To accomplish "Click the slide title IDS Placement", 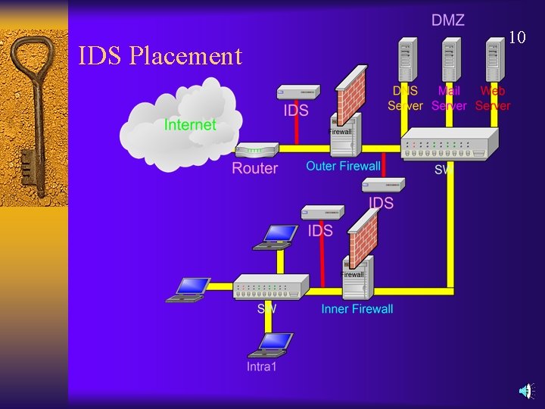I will click(x=160, y=55).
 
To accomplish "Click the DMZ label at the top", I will click(x=448, y=20).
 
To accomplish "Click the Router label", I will click(x=254, y=168).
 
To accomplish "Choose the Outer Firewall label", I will click(x=343, y=166).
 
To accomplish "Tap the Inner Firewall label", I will click(x=357, y=308).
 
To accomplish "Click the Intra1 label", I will click(x=262, y=367).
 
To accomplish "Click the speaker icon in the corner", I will click(x=527, y=391).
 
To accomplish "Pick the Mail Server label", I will click(x=449, y=98).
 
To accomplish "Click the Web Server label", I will click(x=493, y=98).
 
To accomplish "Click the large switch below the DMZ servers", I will click(x=450, y=144).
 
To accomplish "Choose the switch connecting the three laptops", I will click(x=271, y=286).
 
